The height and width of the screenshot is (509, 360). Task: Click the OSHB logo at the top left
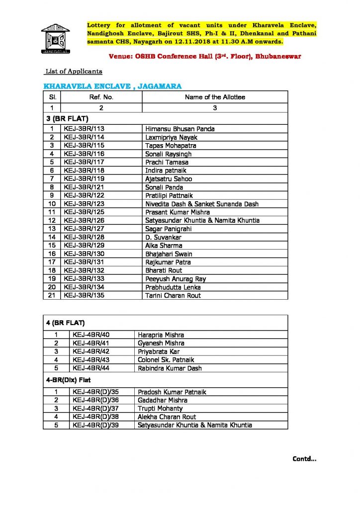pos(55,37)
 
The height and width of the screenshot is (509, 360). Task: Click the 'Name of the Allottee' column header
pos(215,97)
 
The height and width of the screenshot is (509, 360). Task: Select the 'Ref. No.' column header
pos(101,97)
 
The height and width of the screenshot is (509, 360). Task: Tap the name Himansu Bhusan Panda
pos(180,129)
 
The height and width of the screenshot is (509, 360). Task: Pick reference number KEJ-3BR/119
pos(84,179)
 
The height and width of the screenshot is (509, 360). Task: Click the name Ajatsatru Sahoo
pos(169,179)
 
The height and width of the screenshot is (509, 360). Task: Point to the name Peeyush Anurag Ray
pos(176,279)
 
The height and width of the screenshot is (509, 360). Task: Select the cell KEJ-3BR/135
pos(84,296)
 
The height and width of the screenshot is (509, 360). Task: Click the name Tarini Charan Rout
pos(173,296)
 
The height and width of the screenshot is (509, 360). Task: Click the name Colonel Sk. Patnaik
pos(166,360)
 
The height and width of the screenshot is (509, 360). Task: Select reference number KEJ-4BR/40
pos(90,335)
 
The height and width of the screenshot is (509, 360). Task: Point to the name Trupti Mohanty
pos(160,409)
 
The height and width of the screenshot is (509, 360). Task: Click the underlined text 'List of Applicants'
pos(74,72)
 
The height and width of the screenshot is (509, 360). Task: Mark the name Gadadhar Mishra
pos(163,400)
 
